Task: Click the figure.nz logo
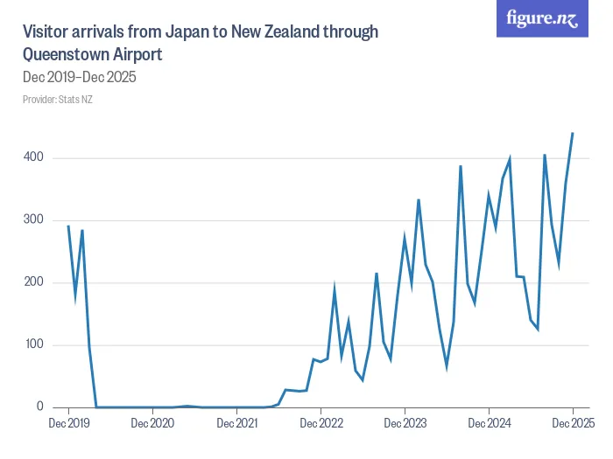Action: tap(543, 18)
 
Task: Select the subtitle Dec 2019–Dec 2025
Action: tap(79, 77)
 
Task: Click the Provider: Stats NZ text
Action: tap(58, 99)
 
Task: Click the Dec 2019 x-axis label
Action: tap(68, 424)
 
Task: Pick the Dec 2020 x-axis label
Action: tap(152, 424)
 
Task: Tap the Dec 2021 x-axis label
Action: tap(236, 424)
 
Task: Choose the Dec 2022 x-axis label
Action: tap(321, 424)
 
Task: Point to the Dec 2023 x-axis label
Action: tap(405, 424)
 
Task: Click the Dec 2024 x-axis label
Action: tap(489, 424)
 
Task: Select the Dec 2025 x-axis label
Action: tap(573, 424)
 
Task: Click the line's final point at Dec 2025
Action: tap(573, 134)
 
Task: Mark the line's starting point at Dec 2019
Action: tap(68, 226)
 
